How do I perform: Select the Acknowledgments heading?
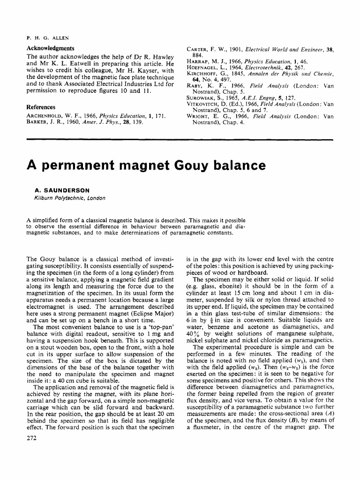point(50,48)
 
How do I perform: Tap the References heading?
point(41,107)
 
